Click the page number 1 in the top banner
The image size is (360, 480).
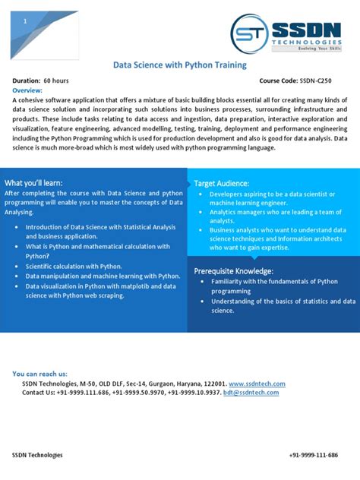[26, 22]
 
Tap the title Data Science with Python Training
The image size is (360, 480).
[180, 65]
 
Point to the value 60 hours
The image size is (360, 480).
[55, 81]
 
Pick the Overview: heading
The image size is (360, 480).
[27, 90]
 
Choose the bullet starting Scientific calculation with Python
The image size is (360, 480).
[74, 267]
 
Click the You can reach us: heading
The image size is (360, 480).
[39, 374]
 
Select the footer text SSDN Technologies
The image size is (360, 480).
[37, 455]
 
